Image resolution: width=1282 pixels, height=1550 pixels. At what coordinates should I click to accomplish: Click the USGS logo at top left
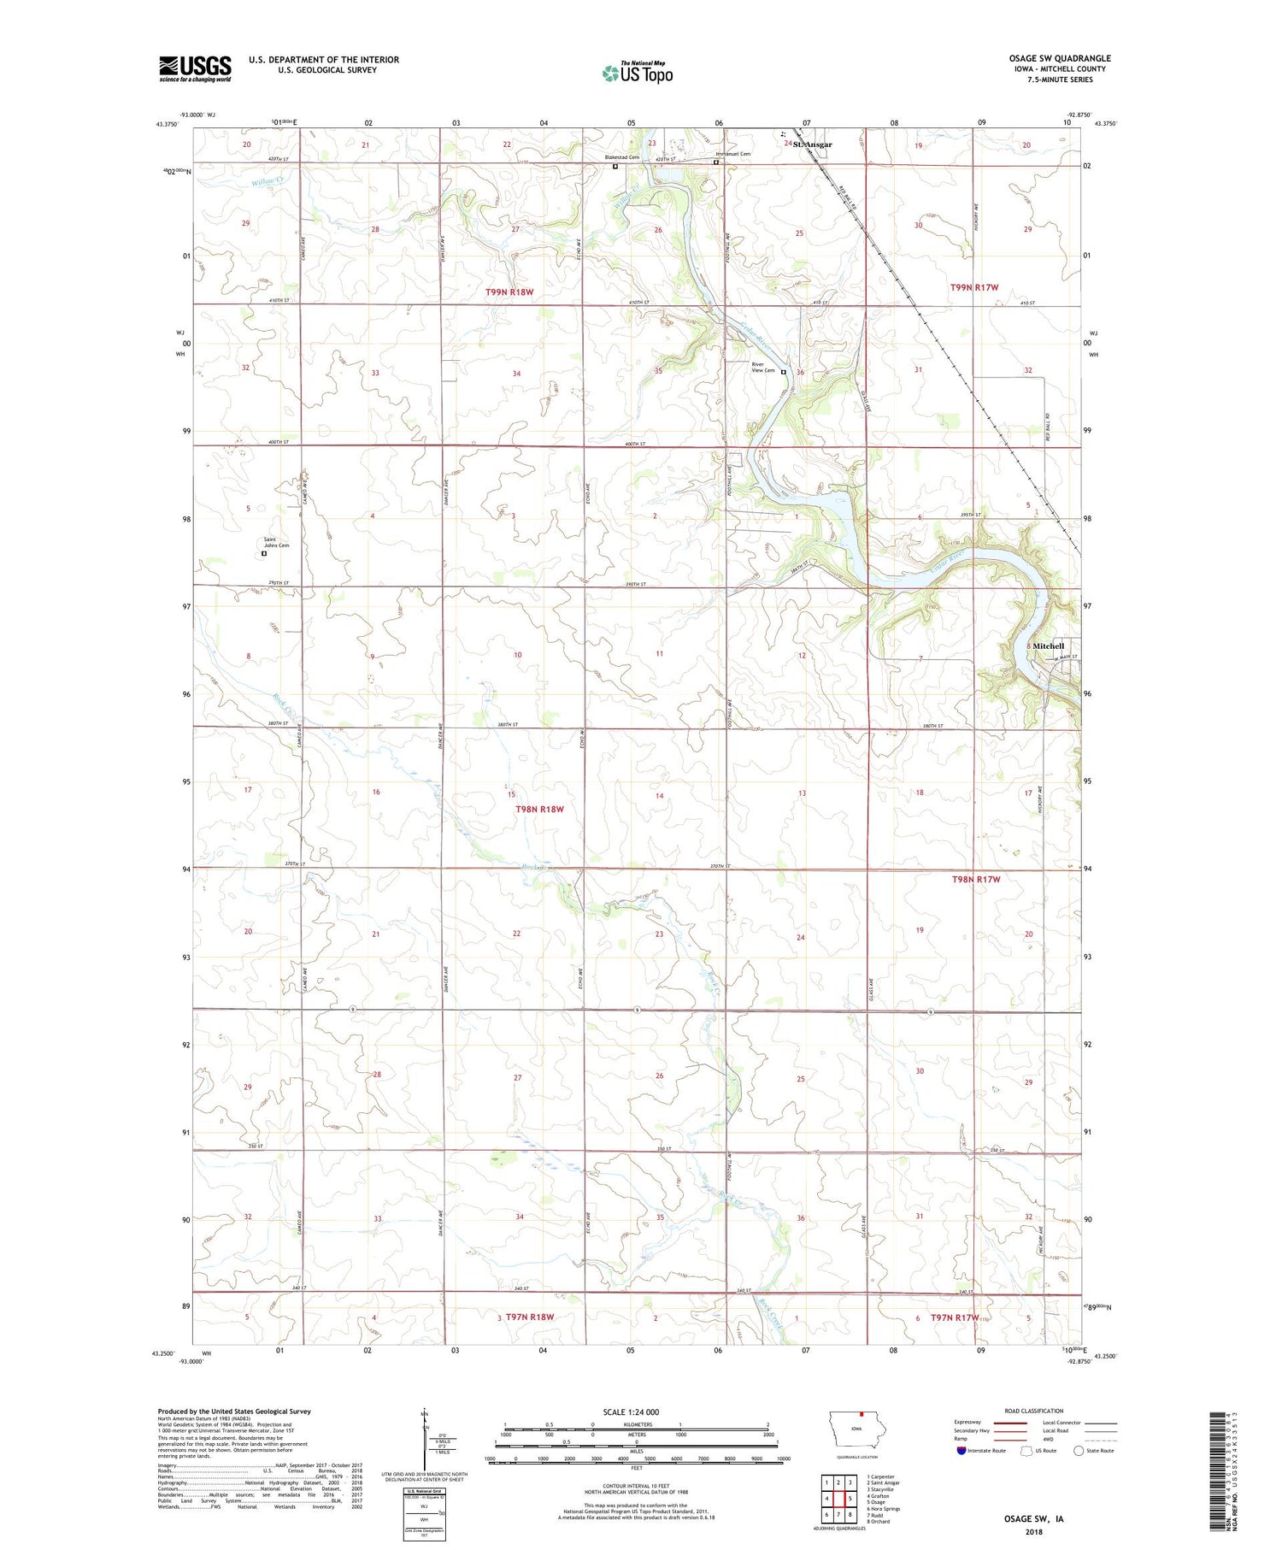[x=195, y=68]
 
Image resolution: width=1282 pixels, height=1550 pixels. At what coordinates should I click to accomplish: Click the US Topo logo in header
[x=637, y=73]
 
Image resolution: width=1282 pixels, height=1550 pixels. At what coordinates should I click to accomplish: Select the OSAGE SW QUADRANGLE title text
[x=1059, y=58]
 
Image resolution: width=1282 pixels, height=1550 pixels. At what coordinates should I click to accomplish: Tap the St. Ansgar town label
[x=812, y=144]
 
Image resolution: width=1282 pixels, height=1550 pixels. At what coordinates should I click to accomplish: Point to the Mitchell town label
[x=1049, y=645]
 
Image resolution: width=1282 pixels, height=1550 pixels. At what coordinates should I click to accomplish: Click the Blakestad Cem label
[x=621, y=157]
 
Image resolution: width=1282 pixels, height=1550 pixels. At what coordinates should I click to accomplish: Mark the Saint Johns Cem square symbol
[x=264, y=553]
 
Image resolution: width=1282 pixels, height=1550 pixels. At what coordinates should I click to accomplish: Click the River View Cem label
[x=762, y=368]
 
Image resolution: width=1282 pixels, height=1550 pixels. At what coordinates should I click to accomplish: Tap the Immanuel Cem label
[x=732, y=154]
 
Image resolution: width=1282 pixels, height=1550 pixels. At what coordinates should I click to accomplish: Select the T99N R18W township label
[x=509, y=292]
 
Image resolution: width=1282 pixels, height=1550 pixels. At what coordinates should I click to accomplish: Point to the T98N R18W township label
[x=539, y=809]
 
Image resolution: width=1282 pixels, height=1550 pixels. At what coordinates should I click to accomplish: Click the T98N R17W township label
[x=975, y=879]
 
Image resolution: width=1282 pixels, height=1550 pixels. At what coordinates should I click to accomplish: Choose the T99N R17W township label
[x=974, y=288]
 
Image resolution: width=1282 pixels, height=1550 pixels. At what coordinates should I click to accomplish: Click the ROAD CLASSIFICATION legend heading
[x=1034, y=1411]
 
